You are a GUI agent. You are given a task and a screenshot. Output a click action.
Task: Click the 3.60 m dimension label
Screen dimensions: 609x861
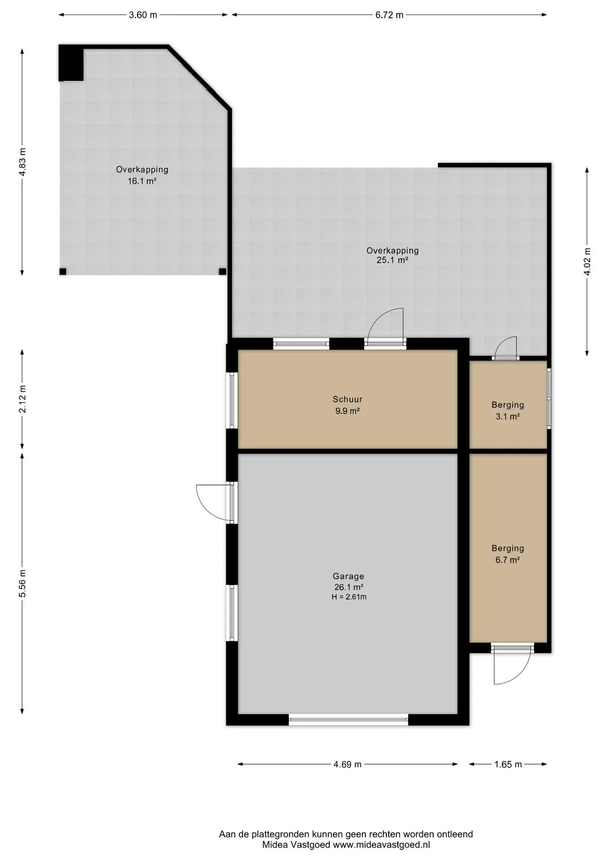click(x=143, y=15)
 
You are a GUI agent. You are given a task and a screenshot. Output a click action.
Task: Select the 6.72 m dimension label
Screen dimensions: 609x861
click(x=389, y=15)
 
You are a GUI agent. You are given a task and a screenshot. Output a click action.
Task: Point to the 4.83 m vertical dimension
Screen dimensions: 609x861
click(x=22, y=162)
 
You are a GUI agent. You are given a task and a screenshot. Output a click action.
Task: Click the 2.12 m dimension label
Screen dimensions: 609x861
click(x=22, y=399)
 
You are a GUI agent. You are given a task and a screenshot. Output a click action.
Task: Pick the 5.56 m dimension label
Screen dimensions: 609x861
click(x=22, y=583)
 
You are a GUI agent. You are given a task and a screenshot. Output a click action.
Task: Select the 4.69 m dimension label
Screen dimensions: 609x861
click(x=347, y=764)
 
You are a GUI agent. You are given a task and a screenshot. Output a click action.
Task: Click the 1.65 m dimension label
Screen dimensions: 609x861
click(x=508, y=764)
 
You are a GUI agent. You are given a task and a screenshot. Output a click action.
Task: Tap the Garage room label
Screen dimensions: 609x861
click(x=348, y=576)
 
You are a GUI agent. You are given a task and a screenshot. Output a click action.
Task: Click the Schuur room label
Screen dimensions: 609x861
click(x=348, y=399)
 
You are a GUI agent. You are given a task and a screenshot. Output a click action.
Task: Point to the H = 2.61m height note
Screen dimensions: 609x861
click(x=349, y=597)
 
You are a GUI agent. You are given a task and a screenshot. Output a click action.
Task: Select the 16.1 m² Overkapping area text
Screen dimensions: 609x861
click(x=142, y=181)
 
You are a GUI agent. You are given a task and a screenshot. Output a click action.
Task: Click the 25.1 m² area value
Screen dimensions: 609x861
click(x=392, y=260)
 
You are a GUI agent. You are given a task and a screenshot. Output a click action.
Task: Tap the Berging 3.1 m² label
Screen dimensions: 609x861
click(x=508, y=410)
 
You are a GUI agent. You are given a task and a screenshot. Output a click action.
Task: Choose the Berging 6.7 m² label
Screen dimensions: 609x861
click(x=508, y=554)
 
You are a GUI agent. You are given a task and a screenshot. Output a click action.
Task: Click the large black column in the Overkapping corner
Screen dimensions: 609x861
click(x=71, y=63)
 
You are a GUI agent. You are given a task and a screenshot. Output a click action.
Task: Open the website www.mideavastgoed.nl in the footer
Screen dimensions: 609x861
click(x=381, y=845)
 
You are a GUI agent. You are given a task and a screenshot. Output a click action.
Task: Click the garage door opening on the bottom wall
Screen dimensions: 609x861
click(x=348, y=720)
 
